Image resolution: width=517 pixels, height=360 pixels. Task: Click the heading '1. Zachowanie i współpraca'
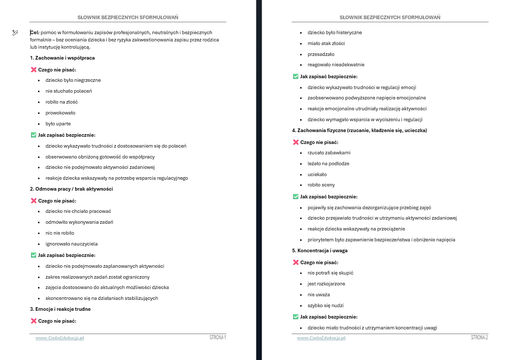(x=62, y=58)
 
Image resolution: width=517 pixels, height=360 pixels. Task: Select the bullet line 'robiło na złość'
(x=61, y=102)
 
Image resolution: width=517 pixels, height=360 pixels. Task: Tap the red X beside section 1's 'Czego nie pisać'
(x=34, y=69)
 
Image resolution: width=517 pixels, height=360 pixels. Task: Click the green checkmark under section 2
(x=34, y=255)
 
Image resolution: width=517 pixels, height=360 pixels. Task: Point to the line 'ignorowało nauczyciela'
(x=71, y=244)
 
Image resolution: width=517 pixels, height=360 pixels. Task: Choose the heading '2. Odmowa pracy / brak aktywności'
(x=71, y=189)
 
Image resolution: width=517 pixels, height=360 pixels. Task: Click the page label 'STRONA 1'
(x=218, y=337)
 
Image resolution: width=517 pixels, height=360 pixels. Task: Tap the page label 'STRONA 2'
(x=479, y=337)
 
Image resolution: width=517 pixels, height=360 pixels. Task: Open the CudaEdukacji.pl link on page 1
(x=60, y=338)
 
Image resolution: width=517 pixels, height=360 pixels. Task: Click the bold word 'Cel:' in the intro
(x=35, y=32)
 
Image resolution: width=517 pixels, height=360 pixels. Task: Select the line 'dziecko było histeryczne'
(x=335, y=33)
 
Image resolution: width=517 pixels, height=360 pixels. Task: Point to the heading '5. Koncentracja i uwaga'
(x=320, y=251)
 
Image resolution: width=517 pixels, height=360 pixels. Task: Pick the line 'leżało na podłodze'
(x=328, y=164)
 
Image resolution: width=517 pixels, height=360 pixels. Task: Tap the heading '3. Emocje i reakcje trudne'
(x=60, y=309)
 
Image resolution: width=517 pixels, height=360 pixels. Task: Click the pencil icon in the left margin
(x=15, y=33)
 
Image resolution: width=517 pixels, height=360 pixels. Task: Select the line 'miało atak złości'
(x=326, y=44)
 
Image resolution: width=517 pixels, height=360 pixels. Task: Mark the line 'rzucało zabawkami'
(x=329, y=153)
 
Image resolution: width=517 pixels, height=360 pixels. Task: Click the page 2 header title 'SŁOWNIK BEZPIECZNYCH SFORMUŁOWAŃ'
(x=390, y=17)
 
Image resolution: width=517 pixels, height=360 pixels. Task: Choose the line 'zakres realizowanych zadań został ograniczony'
(x=97, y=277)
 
